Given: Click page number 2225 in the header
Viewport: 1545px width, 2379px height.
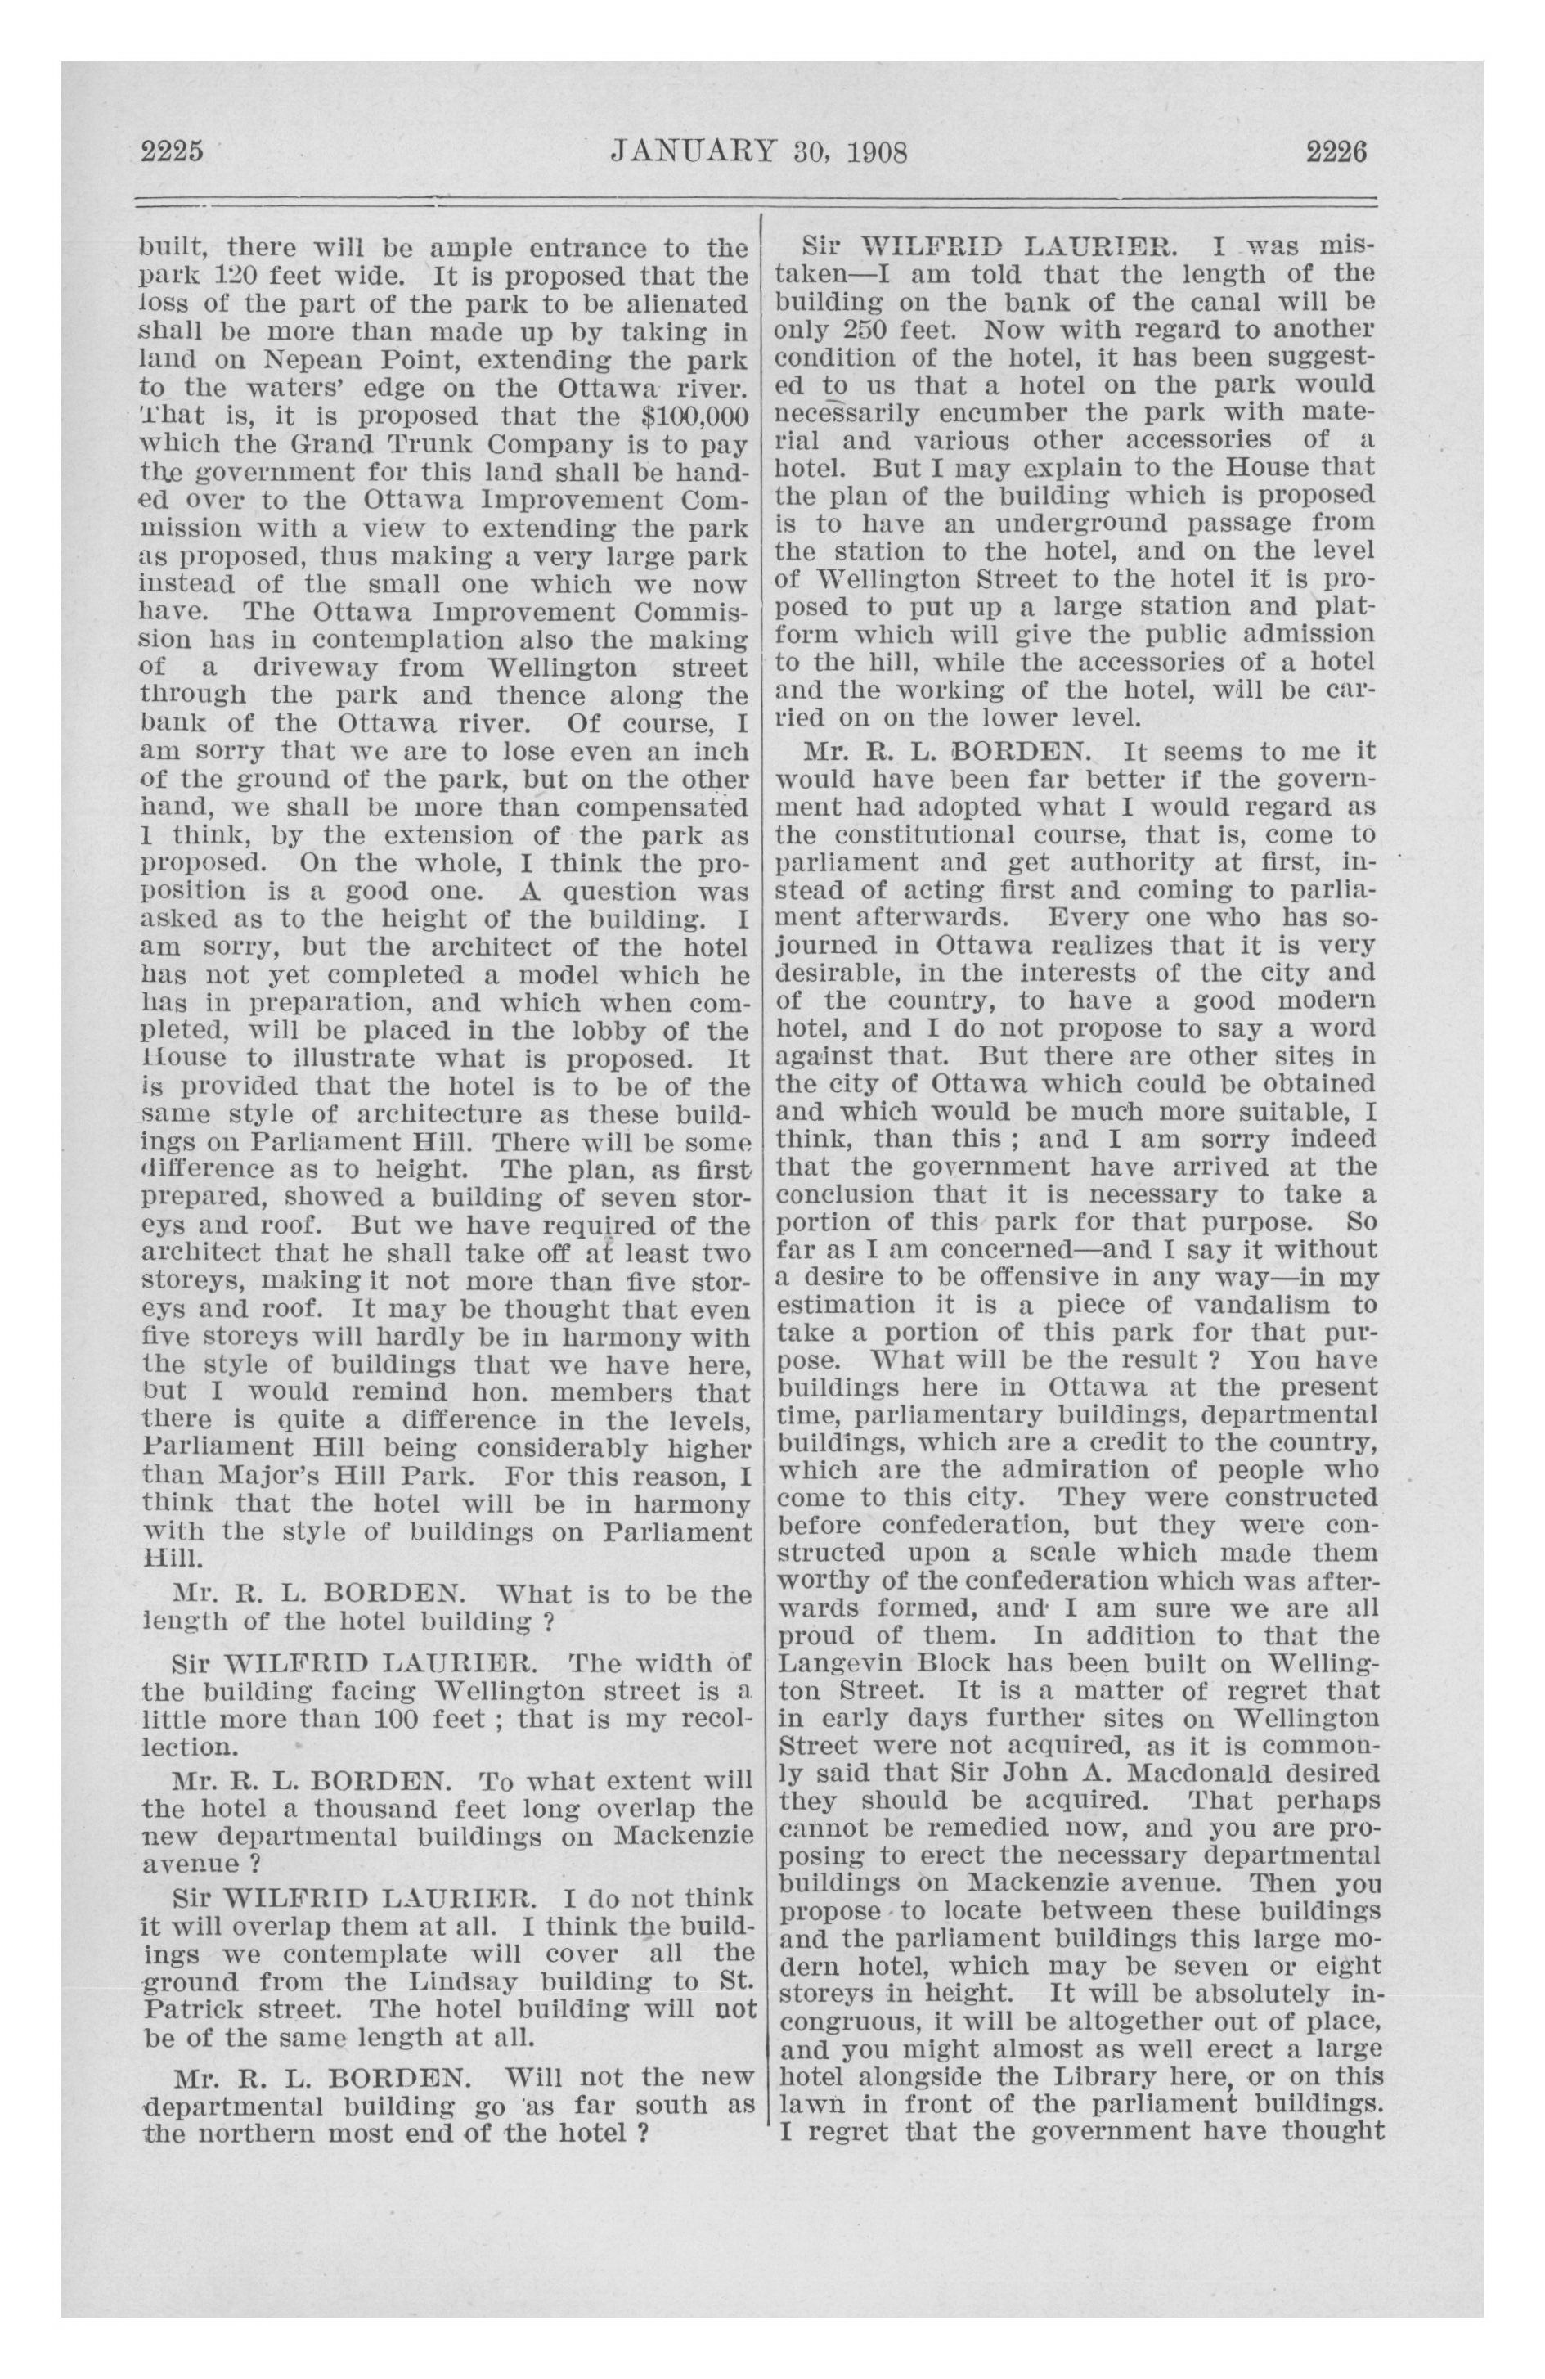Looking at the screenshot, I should [x=172, y=152].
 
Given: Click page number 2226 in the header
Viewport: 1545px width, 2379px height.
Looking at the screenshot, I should [x=1335, y=152].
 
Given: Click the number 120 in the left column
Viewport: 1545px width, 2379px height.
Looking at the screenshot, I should [x=217, y=276].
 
